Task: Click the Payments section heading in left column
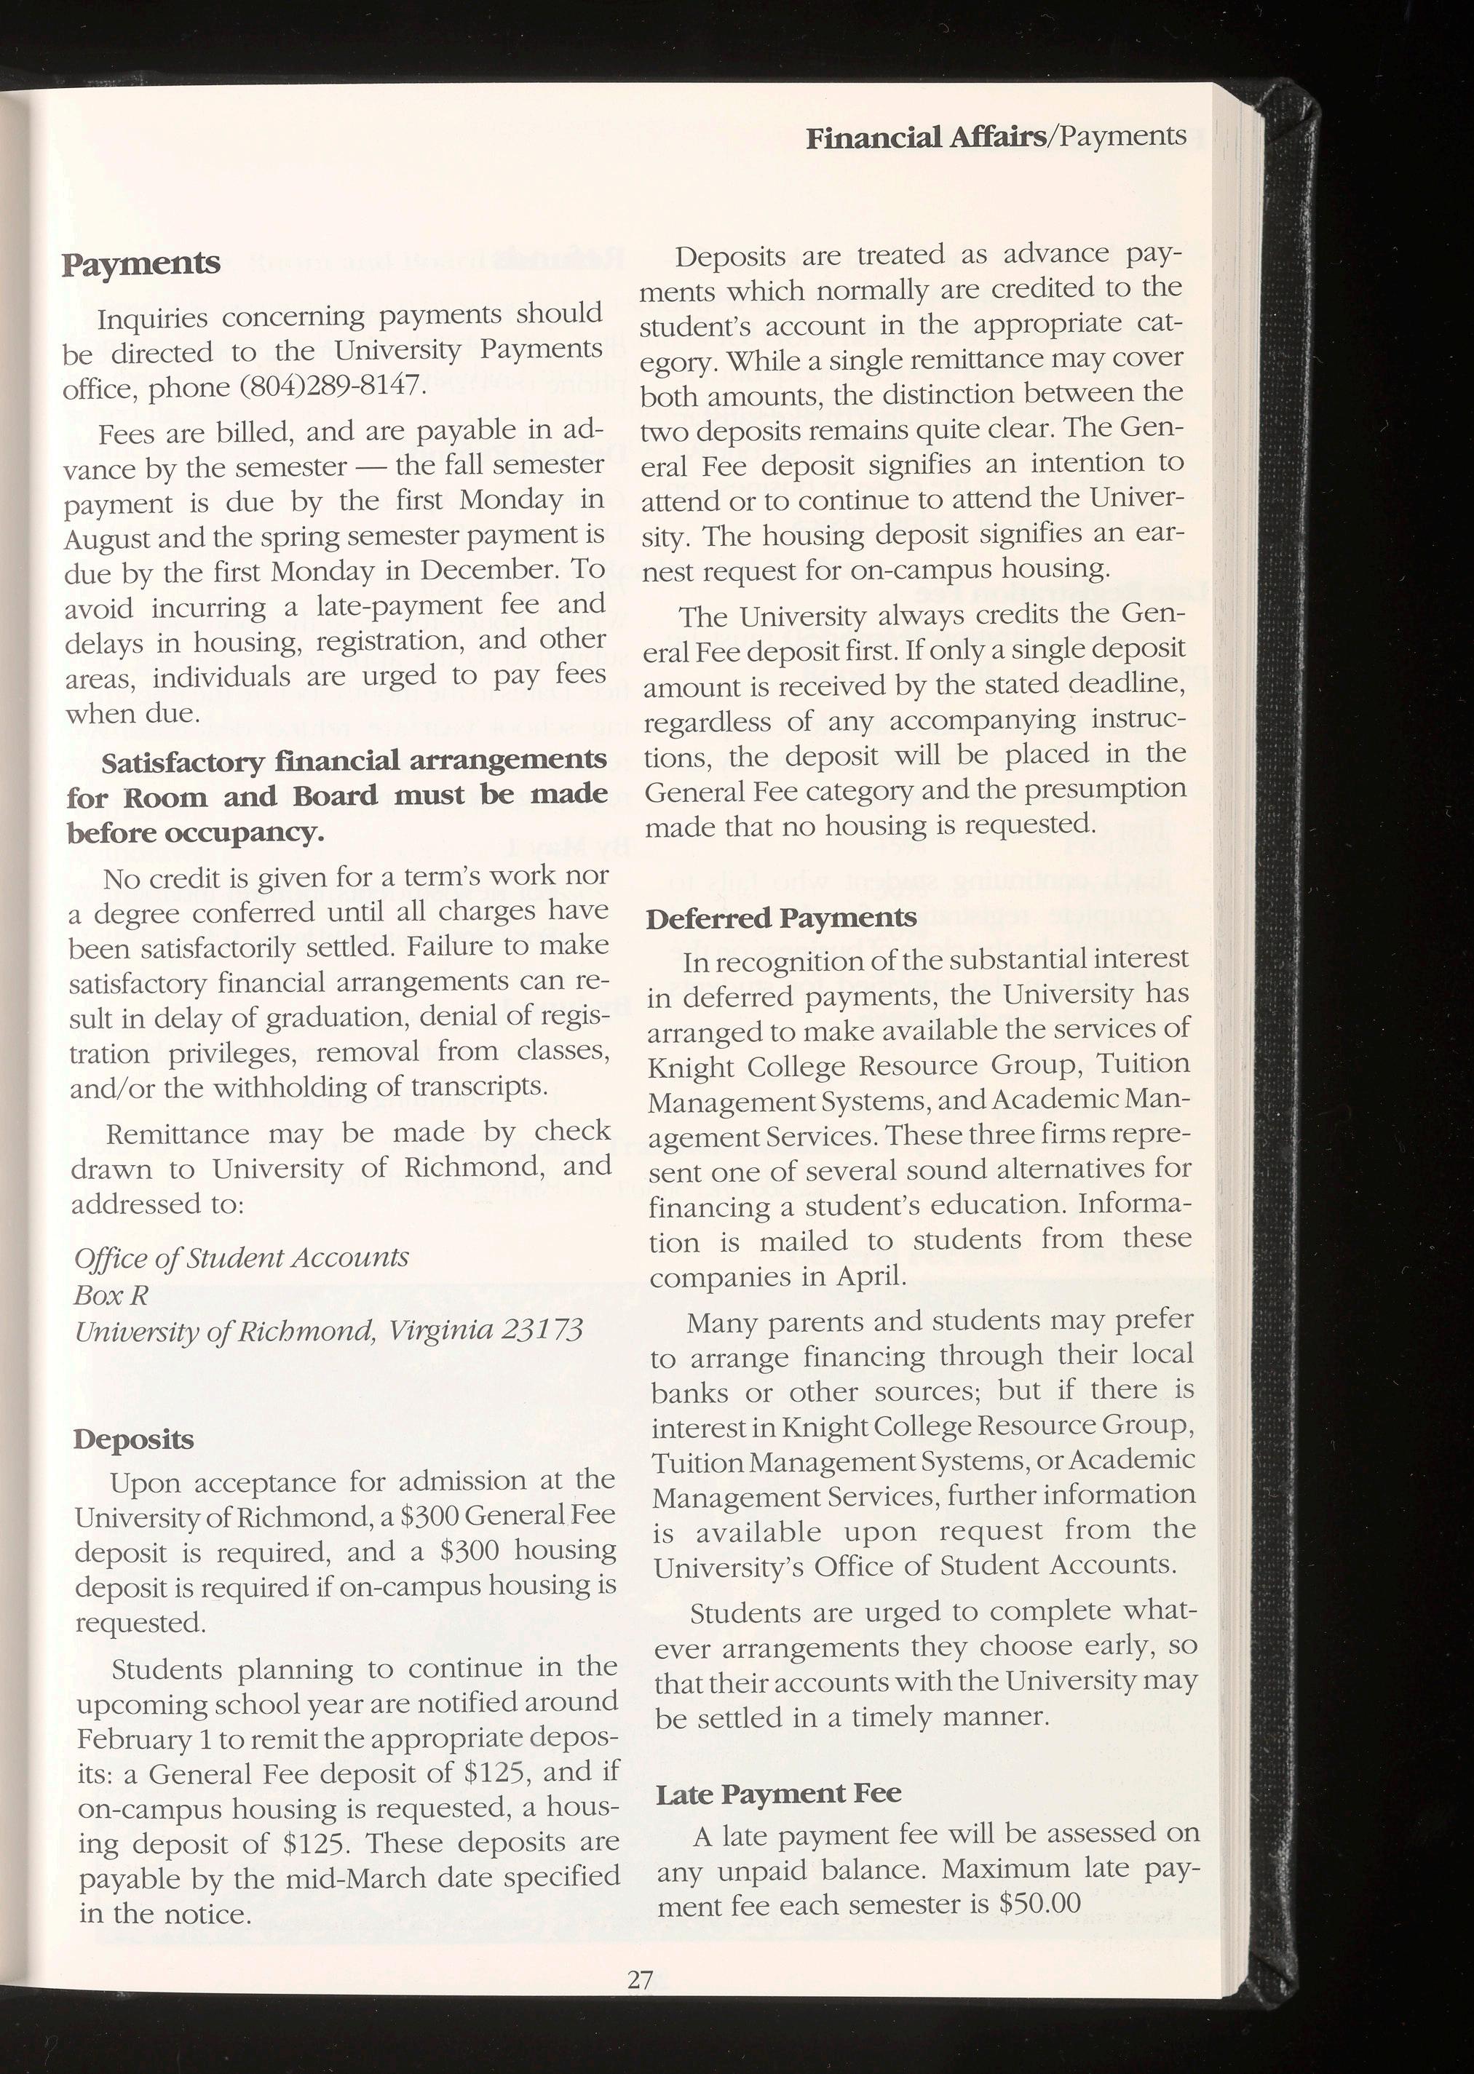coord(140,264)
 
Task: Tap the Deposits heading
coord(133,1440)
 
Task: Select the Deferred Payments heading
coord(780,918)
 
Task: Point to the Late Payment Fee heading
coord(778,1793)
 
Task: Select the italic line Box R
coord(111,1295)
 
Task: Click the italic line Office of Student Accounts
coord(242,1257)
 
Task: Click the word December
coord(488,571)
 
